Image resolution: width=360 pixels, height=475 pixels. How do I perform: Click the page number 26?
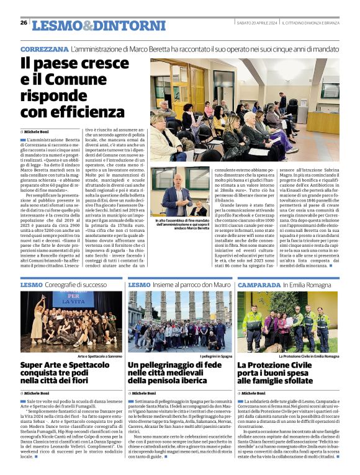tap(24, 23)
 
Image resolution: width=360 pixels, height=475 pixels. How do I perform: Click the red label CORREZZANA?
tap(43, 48)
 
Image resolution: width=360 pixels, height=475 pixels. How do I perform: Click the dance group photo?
tap(71, 321)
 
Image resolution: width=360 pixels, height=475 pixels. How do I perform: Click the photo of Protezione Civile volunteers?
tap(288, 321)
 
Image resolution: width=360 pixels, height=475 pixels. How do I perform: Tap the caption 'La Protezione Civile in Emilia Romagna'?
tap(308, 357)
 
